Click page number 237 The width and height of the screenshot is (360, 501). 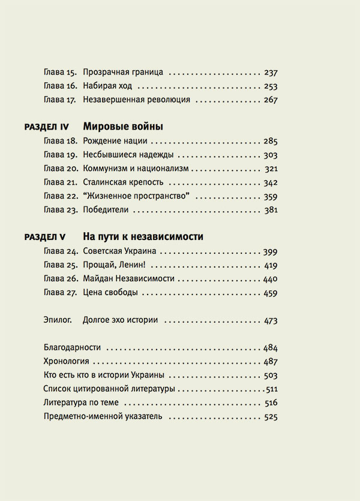pyautogui.click(x=271, y=73)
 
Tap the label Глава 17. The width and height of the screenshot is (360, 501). pyautogui.click(x=59, y=100)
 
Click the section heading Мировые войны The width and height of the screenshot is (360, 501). pyautogui.click(x=123, y=127)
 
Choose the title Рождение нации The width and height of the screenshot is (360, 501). pyautogui.click(x=115, y=142)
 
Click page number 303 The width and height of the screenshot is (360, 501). pyautogui.click(x=271, y=155)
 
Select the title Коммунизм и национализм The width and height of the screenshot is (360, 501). pyautogui.click(x=136, y=169)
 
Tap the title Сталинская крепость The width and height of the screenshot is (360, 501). pyautogui.click(x=124, y=183)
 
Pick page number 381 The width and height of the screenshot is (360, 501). pyautogui.click(x=271, y=211)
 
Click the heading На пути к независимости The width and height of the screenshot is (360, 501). pyautogui.click(x=143, y=237)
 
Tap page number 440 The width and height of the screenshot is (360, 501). pyautogui.click(x=271, y=279)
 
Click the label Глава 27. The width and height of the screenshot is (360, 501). pyautogui.click(x=59, y=293)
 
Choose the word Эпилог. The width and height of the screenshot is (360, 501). pyautogui.click(x=58, y=320)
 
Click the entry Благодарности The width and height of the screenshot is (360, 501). pyautogui.click(x=72, y=348)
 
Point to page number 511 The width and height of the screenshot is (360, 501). pyautogui.click(x=272, y=389)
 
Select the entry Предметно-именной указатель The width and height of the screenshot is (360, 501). pyautogui.click(x=103, y=417)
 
